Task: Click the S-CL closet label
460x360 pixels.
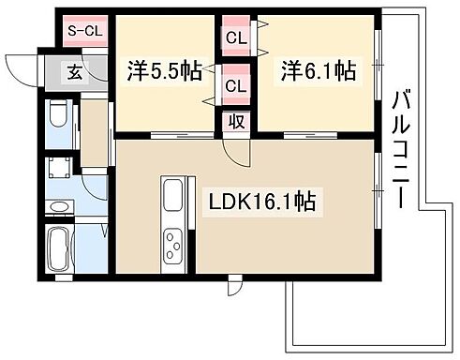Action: pos(84,31)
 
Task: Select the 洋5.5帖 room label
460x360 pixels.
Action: pos(164,69)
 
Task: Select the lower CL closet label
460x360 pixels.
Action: pos(236,86)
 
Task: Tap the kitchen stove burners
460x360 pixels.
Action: pos(174,246)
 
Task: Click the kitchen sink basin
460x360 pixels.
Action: pos(175,198)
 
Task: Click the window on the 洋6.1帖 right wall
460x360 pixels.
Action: pos(378,62)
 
